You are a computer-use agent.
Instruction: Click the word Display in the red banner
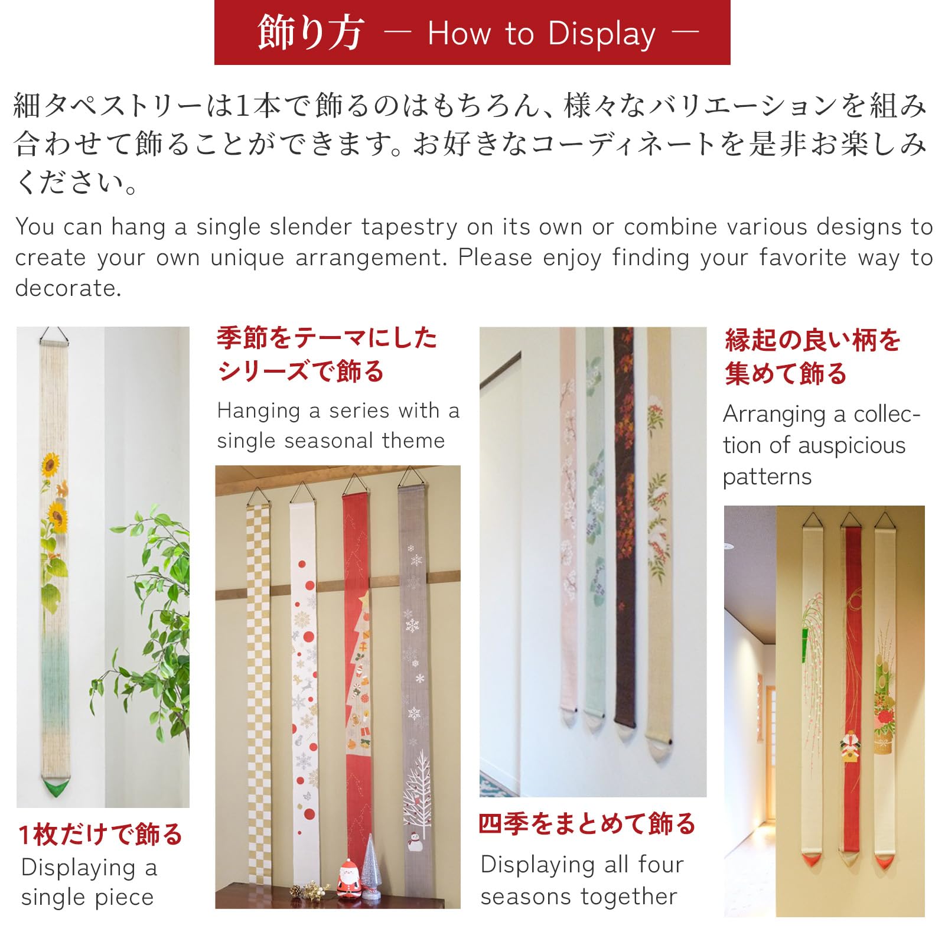(601, 34)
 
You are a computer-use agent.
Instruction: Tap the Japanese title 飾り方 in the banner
(310, 33)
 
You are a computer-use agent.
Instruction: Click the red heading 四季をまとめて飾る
(587, 823)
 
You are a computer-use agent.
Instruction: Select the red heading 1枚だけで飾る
(100, 835)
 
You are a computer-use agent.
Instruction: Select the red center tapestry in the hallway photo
(851, 679)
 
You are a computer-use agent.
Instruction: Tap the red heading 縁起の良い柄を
(812, 340)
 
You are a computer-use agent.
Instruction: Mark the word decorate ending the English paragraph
(67, 288)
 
